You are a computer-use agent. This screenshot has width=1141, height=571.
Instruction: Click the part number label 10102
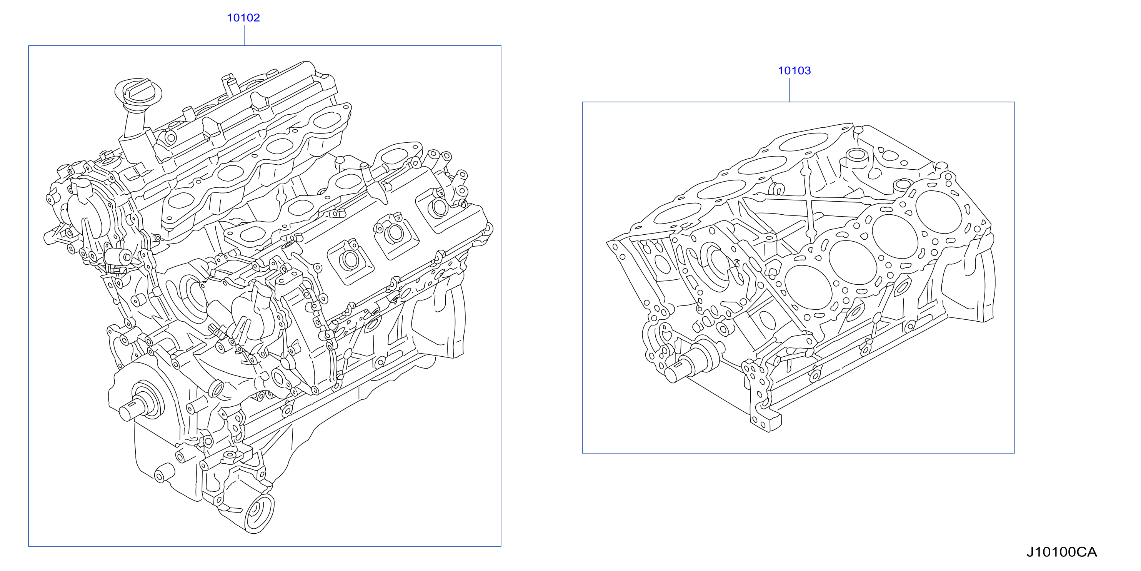(243, 18)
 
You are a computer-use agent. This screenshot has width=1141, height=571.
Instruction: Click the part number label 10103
(794, 70)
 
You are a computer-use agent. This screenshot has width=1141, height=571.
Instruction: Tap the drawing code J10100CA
(1062, 552)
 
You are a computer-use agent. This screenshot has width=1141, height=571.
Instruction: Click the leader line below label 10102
(244, 35)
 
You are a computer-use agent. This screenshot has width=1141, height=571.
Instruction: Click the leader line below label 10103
(789, 90)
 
